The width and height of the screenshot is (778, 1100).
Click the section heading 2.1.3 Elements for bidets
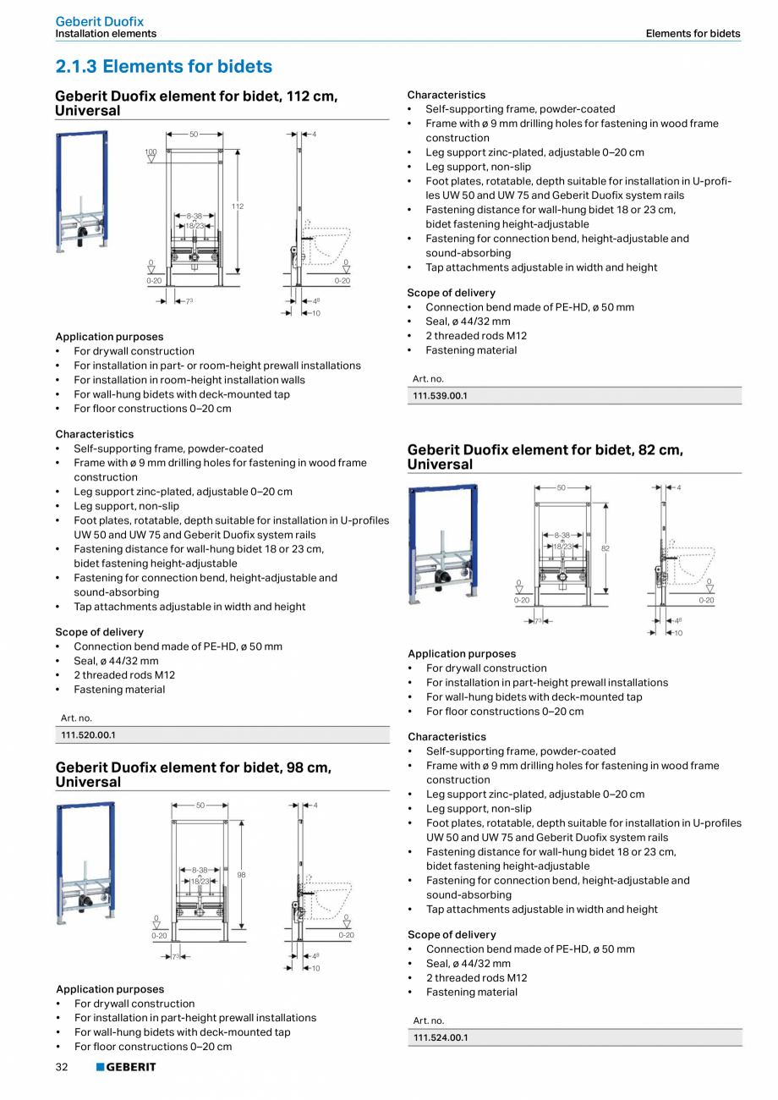tap(163, 66)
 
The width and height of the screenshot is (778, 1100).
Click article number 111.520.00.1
tap(88, 735)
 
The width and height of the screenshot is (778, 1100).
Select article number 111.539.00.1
tap(440, 396)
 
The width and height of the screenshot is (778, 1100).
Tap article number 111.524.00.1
tap(441, 1037)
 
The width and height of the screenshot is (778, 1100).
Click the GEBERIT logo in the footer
tap(126, 1068)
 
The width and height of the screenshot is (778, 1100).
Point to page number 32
tap(62, 1068)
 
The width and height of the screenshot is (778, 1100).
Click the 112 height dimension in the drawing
tap(238, 206)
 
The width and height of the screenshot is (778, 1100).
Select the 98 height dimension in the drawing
tap(241, 875)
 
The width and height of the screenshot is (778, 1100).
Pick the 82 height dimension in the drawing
tap(605, 548)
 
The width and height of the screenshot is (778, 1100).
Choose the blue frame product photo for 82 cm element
tap(442, 542)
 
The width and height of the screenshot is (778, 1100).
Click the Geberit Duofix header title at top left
tap(99, 21)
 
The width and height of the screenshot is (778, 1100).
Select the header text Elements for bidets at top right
tap(693, 34)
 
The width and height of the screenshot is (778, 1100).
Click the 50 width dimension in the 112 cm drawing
tap(194, 135)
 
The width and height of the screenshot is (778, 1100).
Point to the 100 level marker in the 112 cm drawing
tap(151, 152)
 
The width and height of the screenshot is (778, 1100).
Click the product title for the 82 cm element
tap(545, 457)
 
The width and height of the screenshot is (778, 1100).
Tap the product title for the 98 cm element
tap(193, 774)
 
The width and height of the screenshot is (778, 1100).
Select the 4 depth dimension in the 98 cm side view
tap(315, 805)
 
